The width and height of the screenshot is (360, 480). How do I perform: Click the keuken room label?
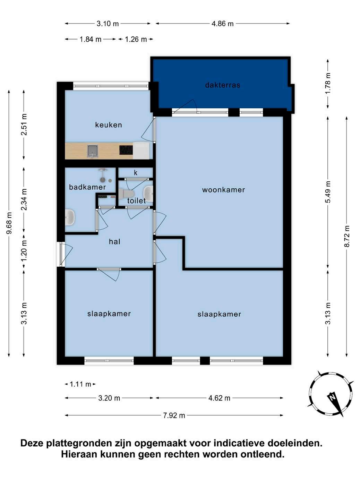pyautogui.click(x=109, y=125)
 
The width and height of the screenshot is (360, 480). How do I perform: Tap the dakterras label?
pyautogui.click(x=223, y=85)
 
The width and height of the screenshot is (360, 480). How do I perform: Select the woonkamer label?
pyautogui.click(x=223, y=190)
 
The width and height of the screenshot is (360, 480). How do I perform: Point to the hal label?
pyautogui.click(x=114, y=241)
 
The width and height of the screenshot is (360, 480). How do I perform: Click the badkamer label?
pyautogui.click(x=87, y=187)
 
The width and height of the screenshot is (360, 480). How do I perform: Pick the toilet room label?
pyautogui.click(x=136, y=200)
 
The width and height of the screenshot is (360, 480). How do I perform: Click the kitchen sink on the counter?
pyautogui.click(x=93, y=151)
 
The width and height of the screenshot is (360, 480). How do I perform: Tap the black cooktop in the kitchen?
pyautogui.click(x=126, y=150)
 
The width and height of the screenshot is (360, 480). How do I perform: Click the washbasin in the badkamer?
pyautogui.click(x=70, y=217)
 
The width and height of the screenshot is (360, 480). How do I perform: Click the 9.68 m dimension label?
pyautogui.click(x=9, y=223)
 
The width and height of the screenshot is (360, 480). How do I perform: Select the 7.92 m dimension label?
pyautogui.click(x=174, y=415)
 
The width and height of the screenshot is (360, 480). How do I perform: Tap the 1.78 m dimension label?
pyautogui.click(x=328, y=83)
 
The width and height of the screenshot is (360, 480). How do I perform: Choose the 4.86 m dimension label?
pyautogui.click(x=223, y=24)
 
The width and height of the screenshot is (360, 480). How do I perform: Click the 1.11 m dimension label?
pyautogui.click(x=80, y=384)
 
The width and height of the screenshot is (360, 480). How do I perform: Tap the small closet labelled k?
pyautogui.click(x=136, y=173)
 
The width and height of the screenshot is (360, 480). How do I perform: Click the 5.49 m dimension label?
pyautogui.click(x=328, y=192)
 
